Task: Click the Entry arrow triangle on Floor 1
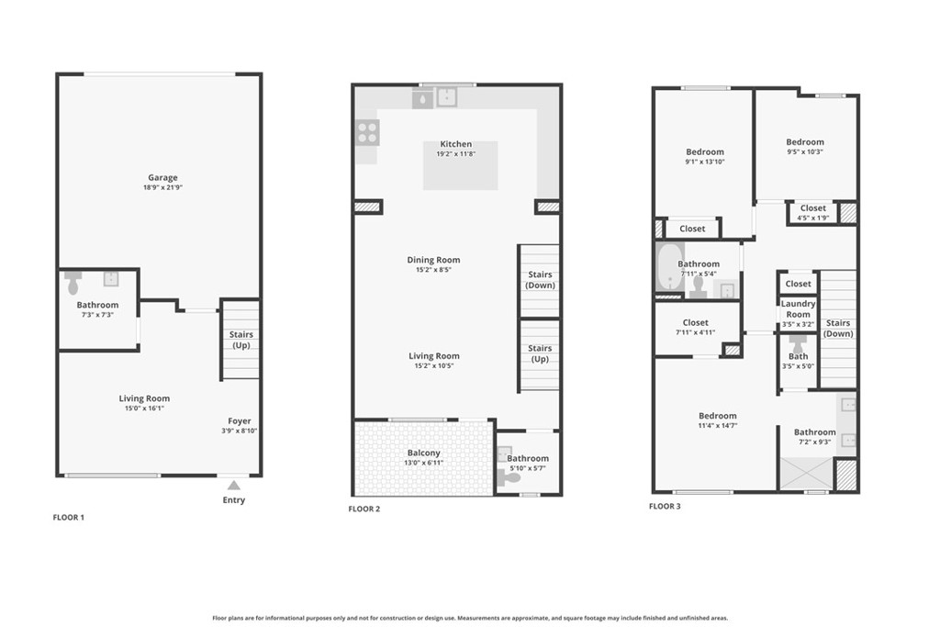point(234,485)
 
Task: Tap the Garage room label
point(162,177)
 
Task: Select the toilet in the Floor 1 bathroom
point(73,283)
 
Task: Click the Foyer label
point(240,420)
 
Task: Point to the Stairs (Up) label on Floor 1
point(241,340)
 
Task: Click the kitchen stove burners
point(367,132)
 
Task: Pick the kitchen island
point(461,165)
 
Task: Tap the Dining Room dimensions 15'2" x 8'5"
point(433,270)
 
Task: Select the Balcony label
point(424,453)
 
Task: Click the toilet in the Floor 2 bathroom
point(509,477)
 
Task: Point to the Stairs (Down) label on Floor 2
point(540,280)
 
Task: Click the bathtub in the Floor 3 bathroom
point(667,267)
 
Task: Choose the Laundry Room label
point(798,308)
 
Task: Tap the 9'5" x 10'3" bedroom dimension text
point(805,151)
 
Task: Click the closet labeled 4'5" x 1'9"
point(813,213)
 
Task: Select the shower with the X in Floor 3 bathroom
point(806,474)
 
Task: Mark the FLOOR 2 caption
point(364,509)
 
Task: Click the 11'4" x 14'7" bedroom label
point(718,420)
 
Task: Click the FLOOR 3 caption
point(665,506)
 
